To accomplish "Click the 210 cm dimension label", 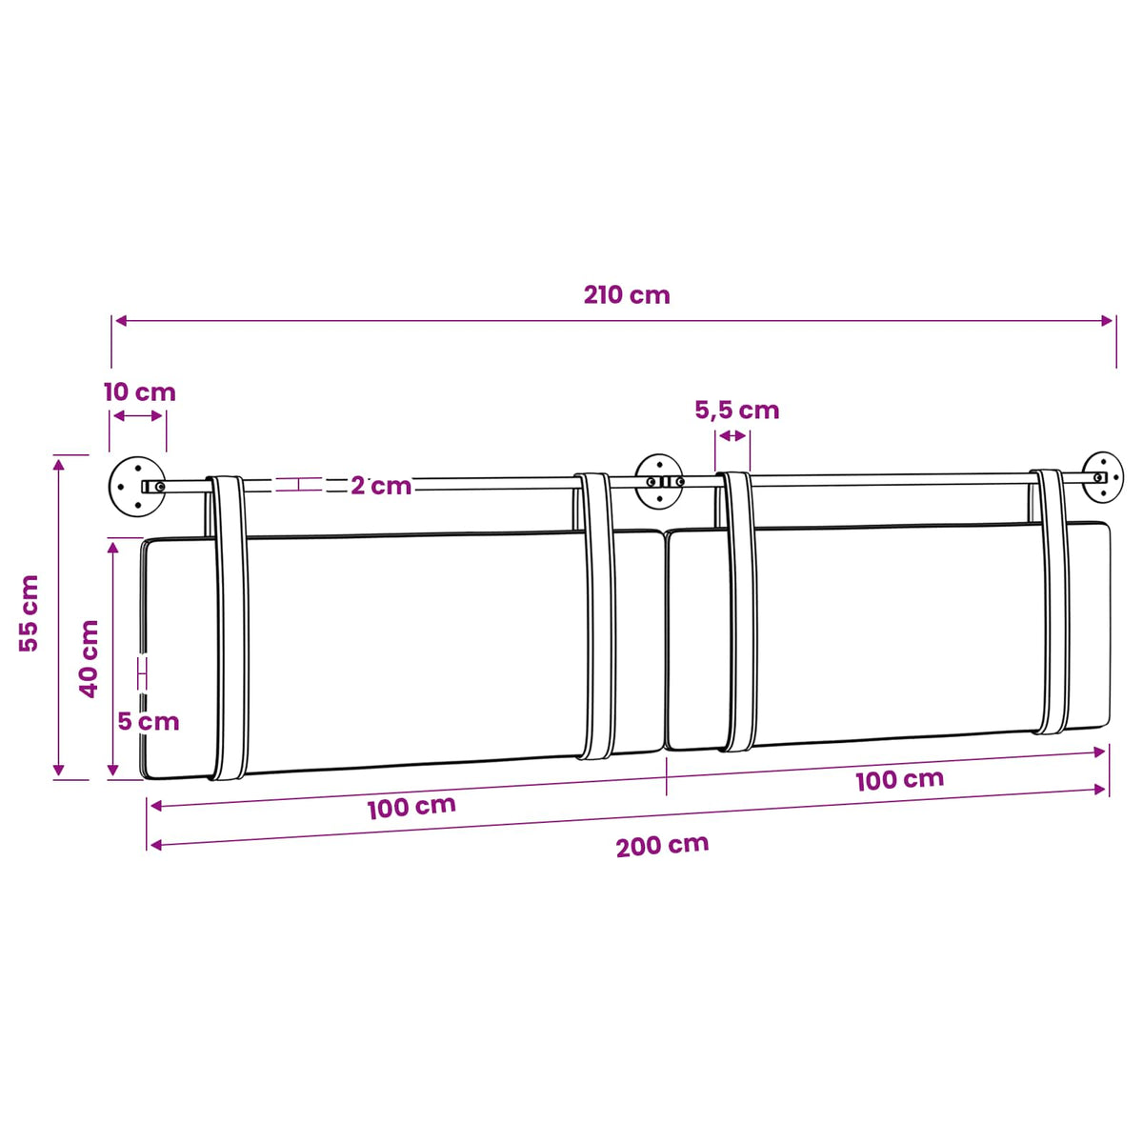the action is click(x=627, y=294).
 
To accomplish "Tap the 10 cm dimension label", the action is click(x=140, y=392).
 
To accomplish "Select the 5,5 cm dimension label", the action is click(x=736, y=410).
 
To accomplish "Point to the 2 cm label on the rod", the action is click(x=381, y=486).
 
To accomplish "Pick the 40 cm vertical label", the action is click(x=89, y=659).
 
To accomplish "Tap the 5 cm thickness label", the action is click(x=149, y=722).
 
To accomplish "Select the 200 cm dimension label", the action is click(x=662, y=845).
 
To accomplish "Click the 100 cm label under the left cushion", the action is click(x=411, y=808).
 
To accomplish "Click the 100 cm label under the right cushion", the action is click(x=899, y=779).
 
